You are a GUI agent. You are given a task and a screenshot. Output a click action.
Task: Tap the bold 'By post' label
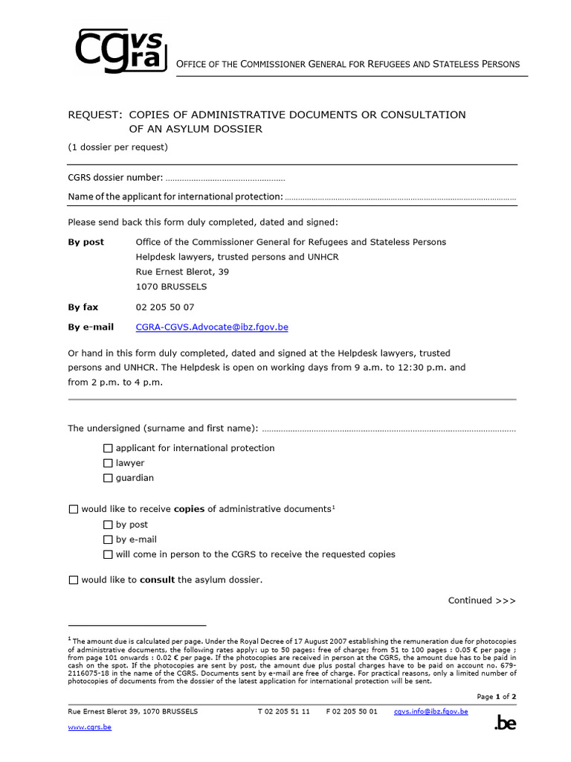click(x=86, y=242)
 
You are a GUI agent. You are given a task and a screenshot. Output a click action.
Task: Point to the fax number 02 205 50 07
click(x=165, y=307)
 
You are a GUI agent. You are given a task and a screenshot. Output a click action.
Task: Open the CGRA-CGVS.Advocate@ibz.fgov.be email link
click(x=212, y=327)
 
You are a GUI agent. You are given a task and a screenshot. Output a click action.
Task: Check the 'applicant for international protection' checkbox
click(x=109, y=448)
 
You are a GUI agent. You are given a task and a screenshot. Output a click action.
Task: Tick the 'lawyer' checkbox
click(x=109, y=463)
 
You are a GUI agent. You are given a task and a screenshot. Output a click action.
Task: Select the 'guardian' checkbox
click(x=109, y=478)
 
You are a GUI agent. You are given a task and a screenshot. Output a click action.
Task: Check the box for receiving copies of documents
click(x=73, y=509)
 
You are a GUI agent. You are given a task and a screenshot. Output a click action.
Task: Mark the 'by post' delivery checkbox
click(x=109, y=525)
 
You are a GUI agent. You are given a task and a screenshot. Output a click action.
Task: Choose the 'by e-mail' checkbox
click(x=109, y=540)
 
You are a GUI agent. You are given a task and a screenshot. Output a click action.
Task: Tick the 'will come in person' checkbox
click(x=109, y=554)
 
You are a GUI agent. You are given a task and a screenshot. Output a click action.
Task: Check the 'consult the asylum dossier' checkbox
click(x=73, y=580)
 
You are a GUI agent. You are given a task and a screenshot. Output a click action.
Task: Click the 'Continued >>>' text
click(x=482, y=601)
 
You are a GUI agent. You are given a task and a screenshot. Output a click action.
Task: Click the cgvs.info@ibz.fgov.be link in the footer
click(x=430, y=711)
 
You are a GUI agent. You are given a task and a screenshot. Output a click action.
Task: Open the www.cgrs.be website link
click(x=89, y=727)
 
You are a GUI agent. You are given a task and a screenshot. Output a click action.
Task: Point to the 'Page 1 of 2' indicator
click(x=496, y=697)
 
